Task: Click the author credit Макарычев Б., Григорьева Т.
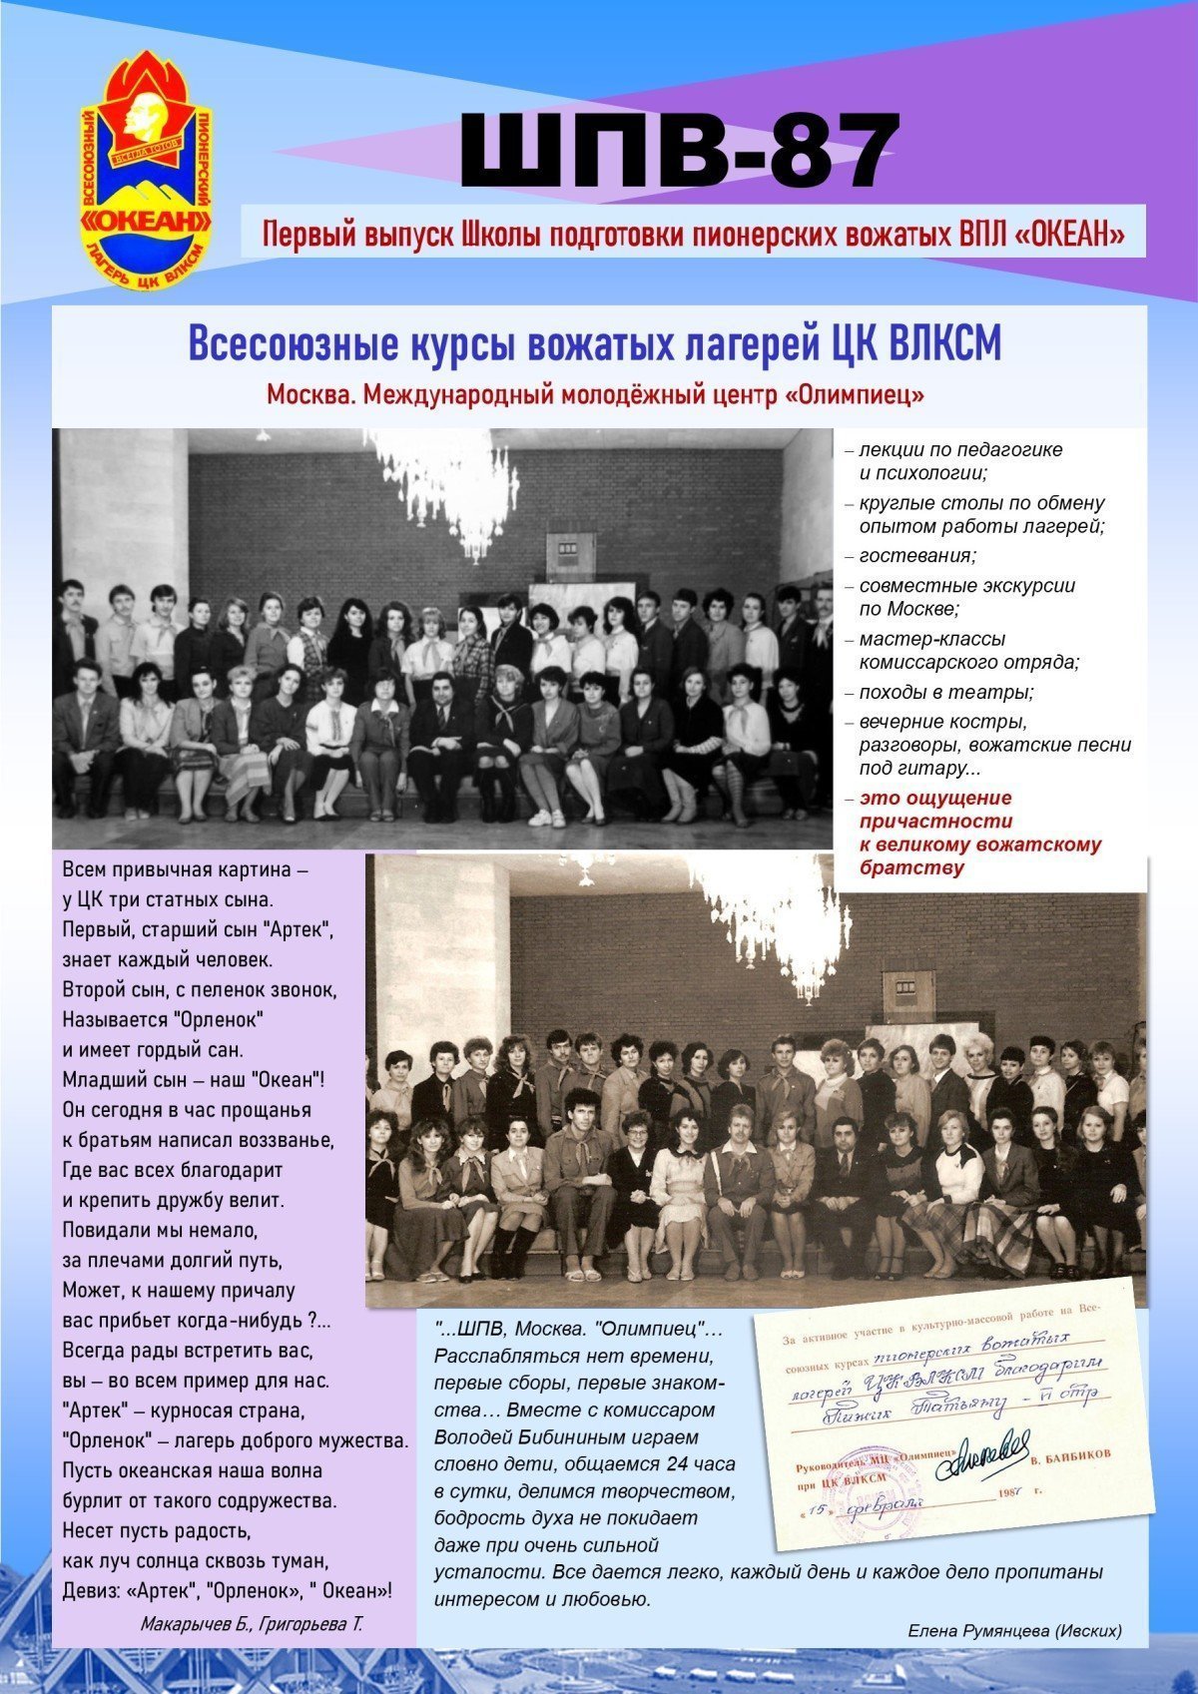tap(252, 1624)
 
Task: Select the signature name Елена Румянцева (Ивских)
tap(1014, 1630)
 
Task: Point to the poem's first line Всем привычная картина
tap(186, 869)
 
